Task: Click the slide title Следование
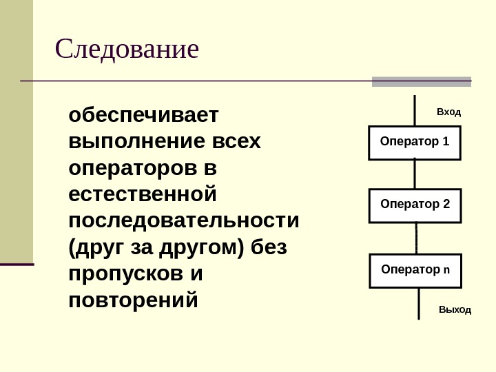point(127,50)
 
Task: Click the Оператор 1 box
point(415,143)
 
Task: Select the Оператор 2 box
point(415,205)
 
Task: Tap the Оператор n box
point(415,269)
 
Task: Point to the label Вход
point(449,111)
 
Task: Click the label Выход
point(455,310)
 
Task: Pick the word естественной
point(143,194)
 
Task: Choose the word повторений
point(134,300)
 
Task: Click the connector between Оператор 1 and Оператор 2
point(415,174)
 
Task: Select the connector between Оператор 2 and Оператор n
point(417,238)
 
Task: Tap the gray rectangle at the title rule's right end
point(422,81)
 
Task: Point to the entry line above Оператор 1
point(415,110)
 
